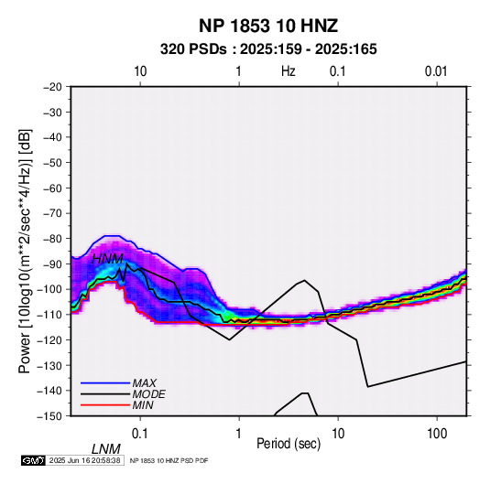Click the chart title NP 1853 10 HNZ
pos(268,26)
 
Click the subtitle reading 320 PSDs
pos(193,49)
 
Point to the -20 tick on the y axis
pos(52,87)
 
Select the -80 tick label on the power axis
pos(52,239)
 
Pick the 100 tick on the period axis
pos(437,434)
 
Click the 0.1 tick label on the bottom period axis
pos(140,434)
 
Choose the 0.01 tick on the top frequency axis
pos(436,71)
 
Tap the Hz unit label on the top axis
pos(289,71)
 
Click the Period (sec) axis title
pos(289,444)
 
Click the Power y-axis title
pos(25,251)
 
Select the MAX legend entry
pos(144,382)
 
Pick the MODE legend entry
pos(148,394)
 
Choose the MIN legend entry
pos(143,405)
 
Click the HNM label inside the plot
pos(107,259)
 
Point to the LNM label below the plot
pos(105,449)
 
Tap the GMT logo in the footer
pos(33,460)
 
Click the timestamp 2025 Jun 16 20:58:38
pos(84,460)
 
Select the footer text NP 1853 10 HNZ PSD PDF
pos(169,460)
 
